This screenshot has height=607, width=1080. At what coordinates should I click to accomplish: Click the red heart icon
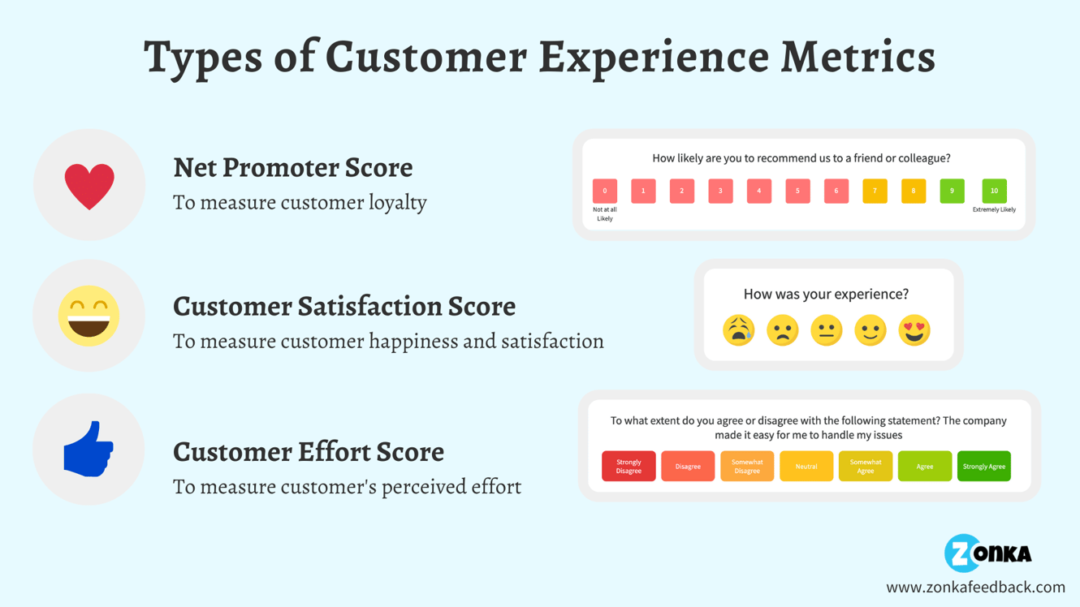tap(89, 186)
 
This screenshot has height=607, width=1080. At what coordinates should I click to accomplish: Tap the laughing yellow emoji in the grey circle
tap(89, 316)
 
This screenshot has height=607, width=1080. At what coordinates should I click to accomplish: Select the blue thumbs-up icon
tap(89, 449)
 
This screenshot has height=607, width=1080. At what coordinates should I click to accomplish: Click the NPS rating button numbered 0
tap(605, 191)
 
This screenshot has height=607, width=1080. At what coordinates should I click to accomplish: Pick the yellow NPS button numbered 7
tap(875, 191)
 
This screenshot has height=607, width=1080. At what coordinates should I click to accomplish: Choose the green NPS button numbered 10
tap(994, 191)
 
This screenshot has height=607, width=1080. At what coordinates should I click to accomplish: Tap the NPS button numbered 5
tap(797, 191)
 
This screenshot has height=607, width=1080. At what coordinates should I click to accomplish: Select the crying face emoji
tap(738, 330)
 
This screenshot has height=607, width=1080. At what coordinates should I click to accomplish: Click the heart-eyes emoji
tap(914, 330)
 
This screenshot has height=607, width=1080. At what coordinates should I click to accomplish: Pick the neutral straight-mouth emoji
tap(826, 330)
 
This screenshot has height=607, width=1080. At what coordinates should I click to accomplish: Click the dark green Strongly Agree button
tap(983, 467)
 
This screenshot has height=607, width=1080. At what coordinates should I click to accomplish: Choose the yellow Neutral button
tap(806, 467)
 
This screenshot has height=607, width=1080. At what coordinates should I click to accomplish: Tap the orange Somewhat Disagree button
tap(747, 467)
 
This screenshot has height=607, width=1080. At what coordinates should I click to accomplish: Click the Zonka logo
tap(987, 553)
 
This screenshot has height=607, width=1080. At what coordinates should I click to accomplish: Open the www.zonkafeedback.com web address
tap(975, 587)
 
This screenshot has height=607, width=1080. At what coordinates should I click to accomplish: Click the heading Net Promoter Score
tap(292, 167)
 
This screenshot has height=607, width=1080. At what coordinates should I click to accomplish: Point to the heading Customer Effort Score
tap(308, 451)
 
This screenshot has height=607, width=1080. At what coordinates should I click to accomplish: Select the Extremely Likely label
tap(994, 210)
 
